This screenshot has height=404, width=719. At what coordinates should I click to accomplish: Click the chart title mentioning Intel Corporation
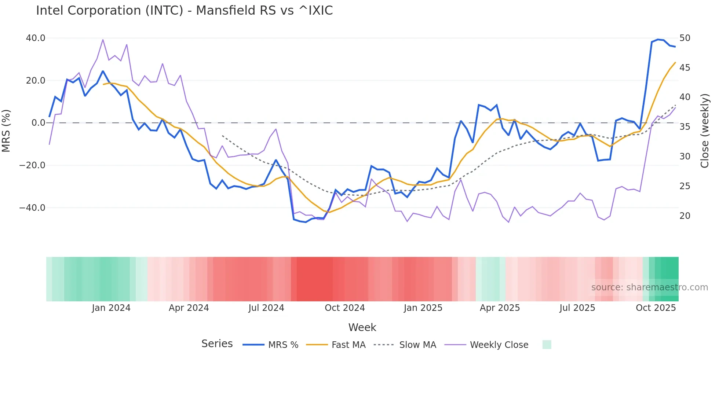[184, 11]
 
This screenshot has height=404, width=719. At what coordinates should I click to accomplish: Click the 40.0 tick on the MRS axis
[36, 38]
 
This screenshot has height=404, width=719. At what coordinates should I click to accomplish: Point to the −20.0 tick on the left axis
[32, 165]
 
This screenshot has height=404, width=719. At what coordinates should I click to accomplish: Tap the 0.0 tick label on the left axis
[38, 123]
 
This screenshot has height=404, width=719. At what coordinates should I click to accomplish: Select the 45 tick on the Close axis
[685, 68]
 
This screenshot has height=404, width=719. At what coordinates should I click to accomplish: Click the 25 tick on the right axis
[685, 186]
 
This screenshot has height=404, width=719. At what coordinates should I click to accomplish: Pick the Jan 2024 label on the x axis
[111, 308]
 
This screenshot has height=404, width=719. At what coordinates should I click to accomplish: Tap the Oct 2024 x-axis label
[344, 308]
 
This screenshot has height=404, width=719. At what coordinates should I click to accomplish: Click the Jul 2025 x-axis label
[577, 308]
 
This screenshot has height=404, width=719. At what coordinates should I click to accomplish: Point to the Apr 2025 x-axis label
[500, 308]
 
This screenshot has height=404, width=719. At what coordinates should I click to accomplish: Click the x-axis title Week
[362, 327]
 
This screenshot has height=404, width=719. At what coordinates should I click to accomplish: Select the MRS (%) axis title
[6, 131]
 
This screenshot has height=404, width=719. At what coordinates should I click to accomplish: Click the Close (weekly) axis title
[704, 131]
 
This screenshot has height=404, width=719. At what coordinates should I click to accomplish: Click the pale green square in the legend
[547, 345]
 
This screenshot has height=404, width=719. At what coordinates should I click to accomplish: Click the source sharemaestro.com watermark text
[649, 287]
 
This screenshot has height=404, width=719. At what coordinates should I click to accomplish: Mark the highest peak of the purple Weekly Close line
[103, 40]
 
